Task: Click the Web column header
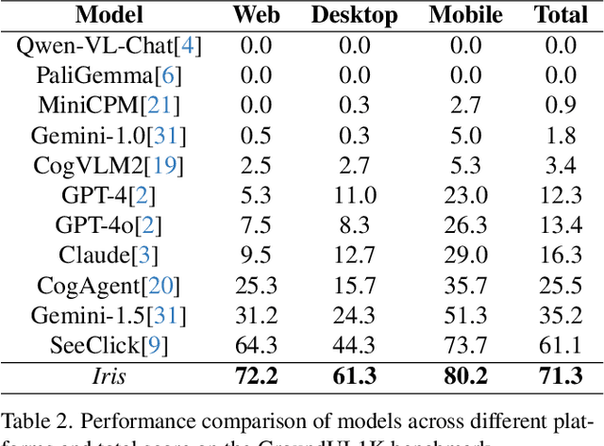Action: point(257,15)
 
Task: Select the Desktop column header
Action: point(354,15)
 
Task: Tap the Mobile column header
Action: point(466,15)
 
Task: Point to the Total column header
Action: point(561,15)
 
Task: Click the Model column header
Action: point(109,15)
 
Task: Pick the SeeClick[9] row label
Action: point(109,345)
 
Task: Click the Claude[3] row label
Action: point(109,255)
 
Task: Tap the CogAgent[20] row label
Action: point(109,285)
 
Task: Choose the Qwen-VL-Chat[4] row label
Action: point(109,44)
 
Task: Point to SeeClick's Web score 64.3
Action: point(257,345)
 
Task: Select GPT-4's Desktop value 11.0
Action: point(354,195)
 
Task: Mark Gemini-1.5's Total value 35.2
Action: point(561,315)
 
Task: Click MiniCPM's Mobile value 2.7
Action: point(466,105)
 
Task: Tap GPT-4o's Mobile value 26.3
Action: point(466,225)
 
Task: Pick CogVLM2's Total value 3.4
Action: point(561,165)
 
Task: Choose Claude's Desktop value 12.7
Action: point(354,255)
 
